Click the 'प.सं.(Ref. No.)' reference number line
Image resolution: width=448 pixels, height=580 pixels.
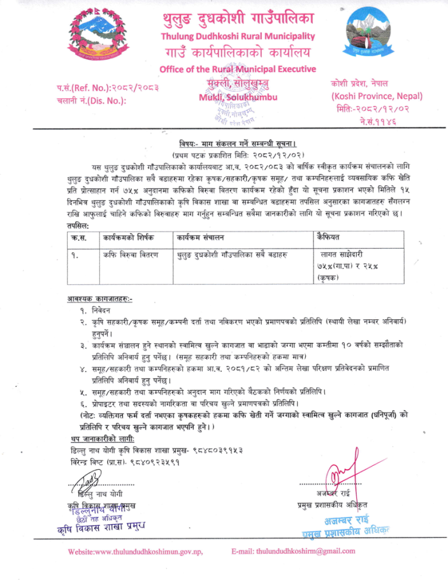[108, 87]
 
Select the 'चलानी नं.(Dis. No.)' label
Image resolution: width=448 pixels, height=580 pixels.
[92, 99]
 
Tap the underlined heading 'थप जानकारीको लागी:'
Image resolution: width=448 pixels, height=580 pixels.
[103, 440]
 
